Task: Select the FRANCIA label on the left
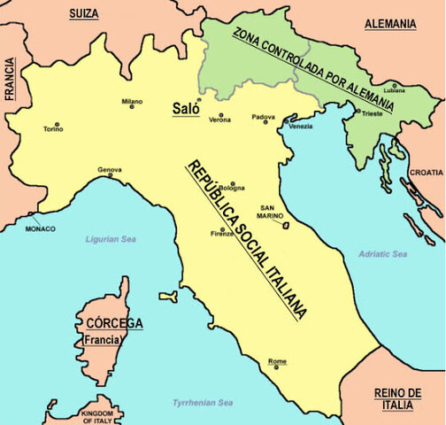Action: [11, 81]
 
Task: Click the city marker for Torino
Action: [58, 123]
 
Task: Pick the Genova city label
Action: [110, 168]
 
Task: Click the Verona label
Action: [220, 120]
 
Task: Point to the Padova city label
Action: [264, 117]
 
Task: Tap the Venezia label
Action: [301, 127]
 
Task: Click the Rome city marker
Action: [275, 367]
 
